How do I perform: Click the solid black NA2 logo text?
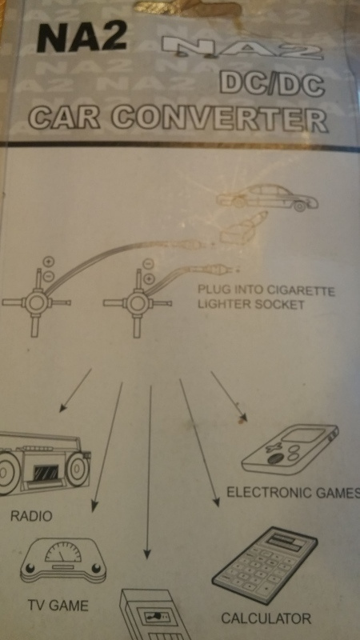(x=82, y=38)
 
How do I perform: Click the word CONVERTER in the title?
(x=220, y=118)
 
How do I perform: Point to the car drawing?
(x=267, y=198)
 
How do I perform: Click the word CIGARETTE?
(x=301, y=291)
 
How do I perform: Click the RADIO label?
(x=31, y=516)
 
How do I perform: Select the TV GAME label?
(x=58, y=606)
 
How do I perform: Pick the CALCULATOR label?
(x=266, y=618)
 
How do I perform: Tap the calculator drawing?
(x=265, y=566)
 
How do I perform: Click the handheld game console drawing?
(x=290, y=450)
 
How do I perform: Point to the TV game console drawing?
(x=63, y=560)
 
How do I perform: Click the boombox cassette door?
(x=45, y=474)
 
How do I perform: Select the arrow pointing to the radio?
(x=75, y=390)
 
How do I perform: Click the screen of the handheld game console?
(x=302, y=436)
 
